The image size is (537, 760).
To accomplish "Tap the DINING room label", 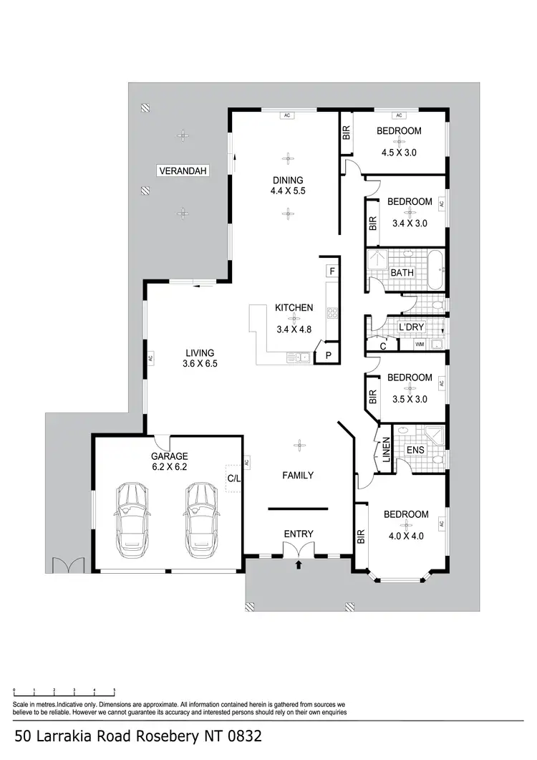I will [286, 181].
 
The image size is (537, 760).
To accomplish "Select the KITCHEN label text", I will [294, 308].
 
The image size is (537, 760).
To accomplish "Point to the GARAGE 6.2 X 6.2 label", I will [169, 461].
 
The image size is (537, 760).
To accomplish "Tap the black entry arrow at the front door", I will [299, 565].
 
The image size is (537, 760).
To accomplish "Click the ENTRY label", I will [299, 534].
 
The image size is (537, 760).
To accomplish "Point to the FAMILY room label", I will [297, 475].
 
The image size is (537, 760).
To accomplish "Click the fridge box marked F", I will [332, 271].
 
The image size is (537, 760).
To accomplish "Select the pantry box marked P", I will [329, 355].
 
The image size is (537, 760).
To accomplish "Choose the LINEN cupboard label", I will [386, 448].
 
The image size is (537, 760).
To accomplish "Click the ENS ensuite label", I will [415, 450].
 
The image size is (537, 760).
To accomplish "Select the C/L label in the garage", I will [233, 477].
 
